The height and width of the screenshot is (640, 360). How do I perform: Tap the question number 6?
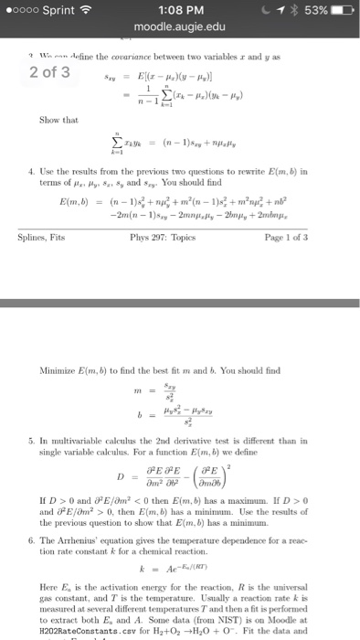33,514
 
